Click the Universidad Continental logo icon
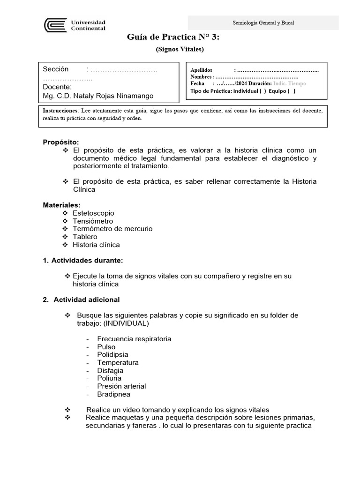(55, 25)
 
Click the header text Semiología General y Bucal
(263, 23)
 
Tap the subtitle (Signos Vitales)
(180, 49)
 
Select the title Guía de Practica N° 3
(173, 37)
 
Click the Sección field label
(55, 69)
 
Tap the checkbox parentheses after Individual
(262, 91)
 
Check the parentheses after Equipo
(291, 91)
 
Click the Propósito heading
(61, 142)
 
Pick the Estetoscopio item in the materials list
(93, 213)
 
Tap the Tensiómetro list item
(93, 221)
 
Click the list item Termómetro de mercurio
(112, 229)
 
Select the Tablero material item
(85, 237)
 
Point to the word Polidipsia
(112, 355)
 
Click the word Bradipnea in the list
(114, 394)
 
